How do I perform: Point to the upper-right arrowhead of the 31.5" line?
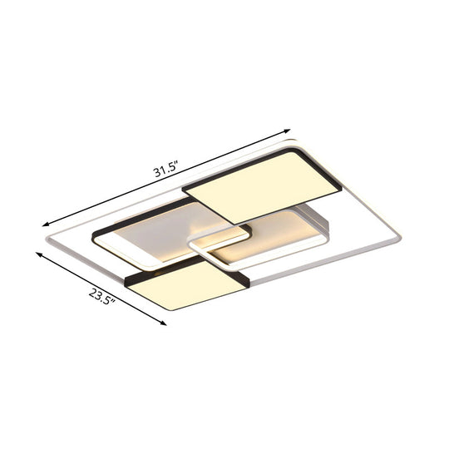[x=289, y=131]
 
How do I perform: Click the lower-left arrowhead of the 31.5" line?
[x=46, y=224]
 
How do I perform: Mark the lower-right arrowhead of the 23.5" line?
[x=165, y=323]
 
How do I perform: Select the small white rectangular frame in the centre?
[x=219, y=249]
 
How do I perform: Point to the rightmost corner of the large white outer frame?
[x=400, y=239]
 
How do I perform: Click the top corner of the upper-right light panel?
[x=294, y=149]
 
